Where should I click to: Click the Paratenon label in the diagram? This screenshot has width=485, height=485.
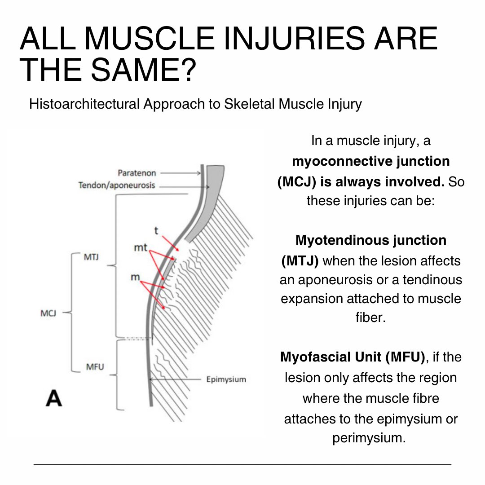click(137, 173)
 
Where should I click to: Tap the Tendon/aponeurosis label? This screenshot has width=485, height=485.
click(116, 185)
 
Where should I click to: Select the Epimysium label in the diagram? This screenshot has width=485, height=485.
click(226, 379)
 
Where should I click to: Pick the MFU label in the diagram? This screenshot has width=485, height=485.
click(94, 367)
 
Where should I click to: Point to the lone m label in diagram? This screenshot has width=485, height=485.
click(135, 278)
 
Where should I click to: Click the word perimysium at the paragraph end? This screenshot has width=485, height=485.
click(369, 438)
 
